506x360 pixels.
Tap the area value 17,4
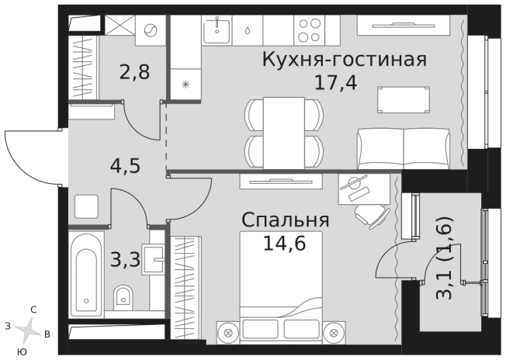335,81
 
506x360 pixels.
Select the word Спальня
286,220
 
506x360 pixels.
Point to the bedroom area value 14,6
284,244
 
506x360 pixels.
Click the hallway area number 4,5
124,167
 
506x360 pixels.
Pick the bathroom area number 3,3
126,259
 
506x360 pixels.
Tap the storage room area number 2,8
134,74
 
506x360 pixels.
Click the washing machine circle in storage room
151,31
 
